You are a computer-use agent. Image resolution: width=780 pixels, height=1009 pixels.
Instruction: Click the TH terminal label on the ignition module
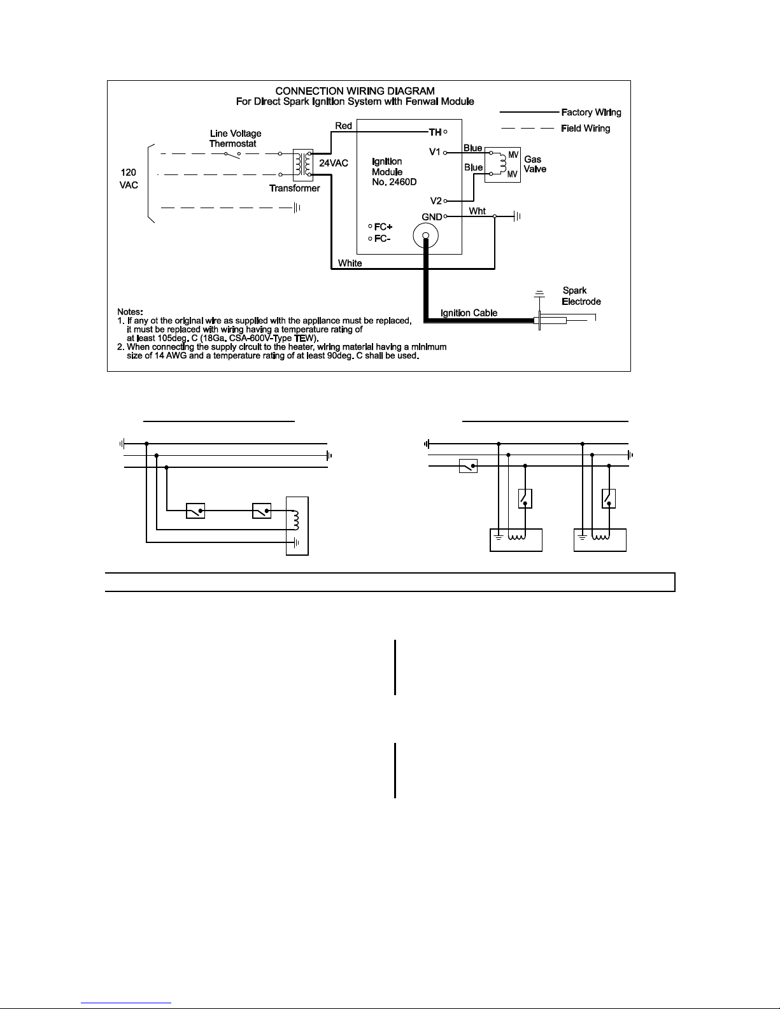coord(435,132)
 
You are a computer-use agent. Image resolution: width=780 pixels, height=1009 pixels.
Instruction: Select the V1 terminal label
coord(434,152)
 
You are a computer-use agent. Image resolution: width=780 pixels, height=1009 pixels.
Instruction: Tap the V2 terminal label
coord(436,201)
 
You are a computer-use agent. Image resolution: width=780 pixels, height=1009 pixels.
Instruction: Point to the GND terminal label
coord(432,217)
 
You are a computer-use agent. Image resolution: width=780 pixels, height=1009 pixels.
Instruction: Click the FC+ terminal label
coord(383,227)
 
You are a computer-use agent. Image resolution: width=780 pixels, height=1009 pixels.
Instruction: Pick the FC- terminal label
coord(382,239)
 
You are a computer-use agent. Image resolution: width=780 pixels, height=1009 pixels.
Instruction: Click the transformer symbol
coord(302,164)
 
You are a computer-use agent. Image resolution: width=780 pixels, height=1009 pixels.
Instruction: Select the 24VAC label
coord(334,163)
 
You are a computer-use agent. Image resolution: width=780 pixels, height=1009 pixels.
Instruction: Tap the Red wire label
coord(344,126)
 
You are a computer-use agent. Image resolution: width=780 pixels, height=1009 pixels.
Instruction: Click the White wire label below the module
coord(350,264)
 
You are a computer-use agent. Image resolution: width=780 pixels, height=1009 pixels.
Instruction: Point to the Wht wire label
coord(478,211)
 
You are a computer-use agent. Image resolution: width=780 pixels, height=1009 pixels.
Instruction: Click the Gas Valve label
coord(535,164)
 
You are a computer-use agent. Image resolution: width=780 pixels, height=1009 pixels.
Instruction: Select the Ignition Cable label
coord(469,313)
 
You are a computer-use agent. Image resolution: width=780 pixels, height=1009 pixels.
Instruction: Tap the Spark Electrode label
coord(581,296)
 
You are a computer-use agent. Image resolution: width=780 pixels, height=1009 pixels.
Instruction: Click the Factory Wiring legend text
coord(591,113)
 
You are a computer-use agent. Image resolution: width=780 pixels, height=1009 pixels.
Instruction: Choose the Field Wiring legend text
coord(585,128)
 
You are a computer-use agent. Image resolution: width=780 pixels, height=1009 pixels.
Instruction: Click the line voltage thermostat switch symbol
coord(232,155)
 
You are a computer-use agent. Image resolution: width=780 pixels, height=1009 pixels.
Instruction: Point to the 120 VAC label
coord(129,179)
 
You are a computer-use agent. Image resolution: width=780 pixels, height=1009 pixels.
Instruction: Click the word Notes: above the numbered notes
coord(130,311)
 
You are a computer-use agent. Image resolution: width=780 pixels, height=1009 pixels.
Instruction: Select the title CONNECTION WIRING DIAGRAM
coord(355,91)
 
